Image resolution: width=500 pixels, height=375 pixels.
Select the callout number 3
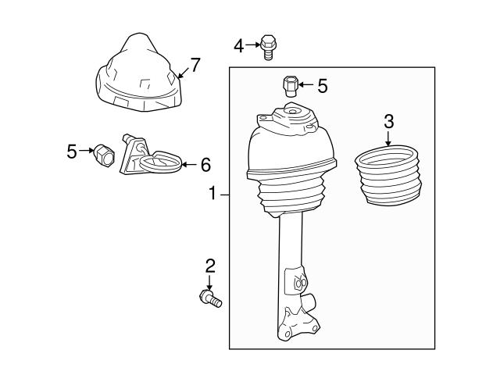point(388,122)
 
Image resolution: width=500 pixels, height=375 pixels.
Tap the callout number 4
point(238,46)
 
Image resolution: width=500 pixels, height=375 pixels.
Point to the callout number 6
point(205,165)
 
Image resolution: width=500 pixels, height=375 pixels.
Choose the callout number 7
point(195,65)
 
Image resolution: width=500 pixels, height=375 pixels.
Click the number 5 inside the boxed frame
point(322,84)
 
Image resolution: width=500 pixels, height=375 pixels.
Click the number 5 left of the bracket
point(72,151)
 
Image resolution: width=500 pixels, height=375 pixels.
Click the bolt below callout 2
point(209,298)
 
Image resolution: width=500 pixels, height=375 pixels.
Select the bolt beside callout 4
point(268,46)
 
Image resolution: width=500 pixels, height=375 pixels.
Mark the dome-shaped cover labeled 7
point(137,74)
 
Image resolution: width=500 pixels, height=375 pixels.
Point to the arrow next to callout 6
point(188,165)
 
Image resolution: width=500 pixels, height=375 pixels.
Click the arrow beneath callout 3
point(388,139)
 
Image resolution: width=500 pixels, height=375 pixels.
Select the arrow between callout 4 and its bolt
point(252,45)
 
